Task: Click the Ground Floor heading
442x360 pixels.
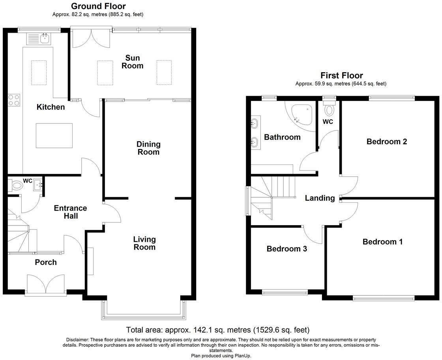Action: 98,6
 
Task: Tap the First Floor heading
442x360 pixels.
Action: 341,75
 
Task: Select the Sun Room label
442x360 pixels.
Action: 132,62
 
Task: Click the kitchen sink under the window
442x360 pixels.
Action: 39,39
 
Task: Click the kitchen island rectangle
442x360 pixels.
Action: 54,135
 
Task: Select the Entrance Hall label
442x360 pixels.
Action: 70,212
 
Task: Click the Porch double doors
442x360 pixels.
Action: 46,284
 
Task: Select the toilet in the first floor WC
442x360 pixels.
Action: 329,108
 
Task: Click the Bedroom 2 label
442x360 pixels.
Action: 386,142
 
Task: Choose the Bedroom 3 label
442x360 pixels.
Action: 287,249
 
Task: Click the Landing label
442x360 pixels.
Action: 320,198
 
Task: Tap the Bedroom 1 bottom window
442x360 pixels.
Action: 384,298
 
